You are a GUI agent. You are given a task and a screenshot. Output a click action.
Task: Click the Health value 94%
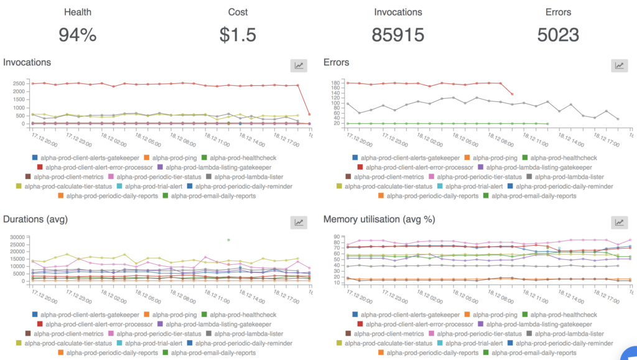pyautogui.click(x=77, y=35)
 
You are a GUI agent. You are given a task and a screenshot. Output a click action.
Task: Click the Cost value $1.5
pyautogui.click(x=238, y=35)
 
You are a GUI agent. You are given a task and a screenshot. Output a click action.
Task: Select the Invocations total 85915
pyautogui.click(x=399, y=35)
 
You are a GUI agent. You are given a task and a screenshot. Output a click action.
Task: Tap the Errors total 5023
pyautogui.click(x=558, y=35)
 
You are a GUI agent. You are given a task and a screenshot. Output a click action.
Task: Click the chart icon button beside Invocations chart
pyautogui.click(x=299, y=65)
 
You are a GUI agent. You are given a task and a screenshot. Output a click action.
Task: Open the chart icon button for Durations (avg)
pyautogui.click(x=299, y=222)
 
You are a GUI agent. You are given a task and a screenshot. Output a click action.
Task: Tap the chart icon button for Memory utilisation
pyautogui.click(x=620, y=222)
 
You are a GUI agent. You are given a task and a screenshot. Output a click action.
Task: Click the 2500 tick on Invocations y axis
pyautogui.click(x=19, y=83)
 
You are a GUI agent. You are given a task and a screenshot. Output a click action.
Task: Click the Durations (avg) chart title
pyautogui.click(x=35, y=219)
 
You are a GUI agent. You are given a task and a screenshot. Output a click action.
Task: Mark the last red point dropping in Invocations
pyautogui.click(x=309, y=114)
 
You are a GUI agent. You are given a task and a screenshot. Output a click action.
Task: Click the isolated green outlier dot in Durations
pyautogui.click(x=228, y=239)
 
